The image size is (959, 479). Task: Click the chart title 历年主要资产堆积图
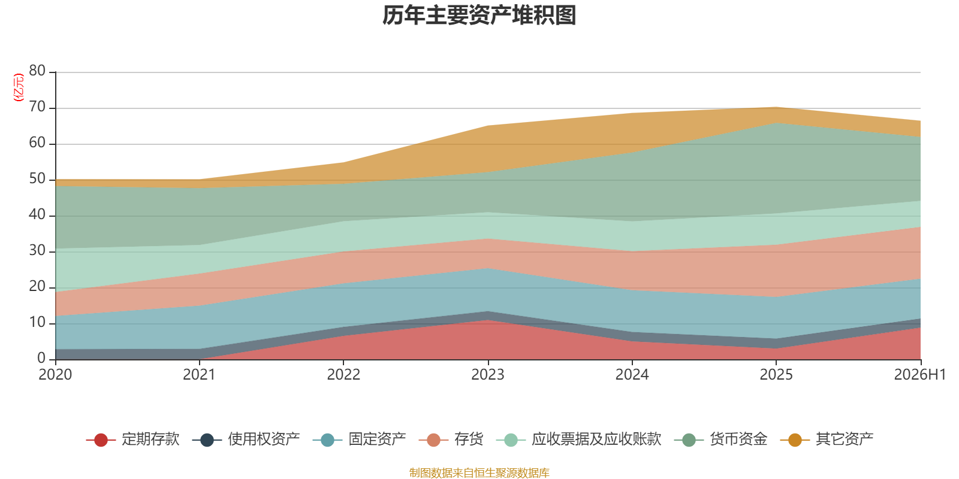[x=479, y=16]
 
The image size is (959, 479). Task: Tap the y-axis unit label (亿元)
[x=19, y=87]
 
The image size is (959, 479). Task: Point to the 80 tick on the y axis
[x=37, y=71]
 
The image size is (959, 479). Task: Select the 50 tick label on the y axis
[x=37, y=179]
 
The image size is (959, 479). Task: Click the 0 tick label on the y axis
[x=41, y=359]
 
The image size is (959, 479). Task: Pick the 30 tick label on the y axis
[x=37, y=251]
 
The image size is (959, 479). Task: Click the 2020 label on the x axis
[x=55, y=375]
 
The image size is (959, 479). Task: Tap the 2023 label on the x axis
[x=488, y=375]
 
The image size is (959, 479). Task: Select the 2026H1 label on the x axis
[x=919, y=375]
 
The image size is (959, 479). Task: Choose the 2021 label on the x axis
[x=199, y=375]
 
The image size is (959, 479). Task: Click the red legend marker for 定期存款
[x=101, y=439]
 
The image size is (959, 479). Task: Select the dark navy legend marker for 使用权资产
[x=207, y=439]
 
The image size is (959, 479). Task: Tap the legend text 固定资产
[x=377, y=439]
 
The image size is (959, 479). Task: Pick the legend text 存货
[x=469, y=439]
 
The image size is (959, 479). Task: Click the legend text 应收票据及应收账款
[x=596, y=439]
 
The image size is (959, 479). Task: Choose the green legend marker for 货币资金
[x=689, y=439]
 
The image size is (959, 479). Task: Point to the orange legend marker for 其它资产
[x=795, y=439]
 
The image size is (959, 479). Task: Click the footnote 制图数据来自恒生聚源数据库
[x=479, y=472]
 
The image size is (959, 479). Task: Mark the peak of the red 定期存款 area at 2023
[x=488, y=320]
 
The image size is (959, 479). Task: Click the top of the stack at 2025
[x=776, y=107]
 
